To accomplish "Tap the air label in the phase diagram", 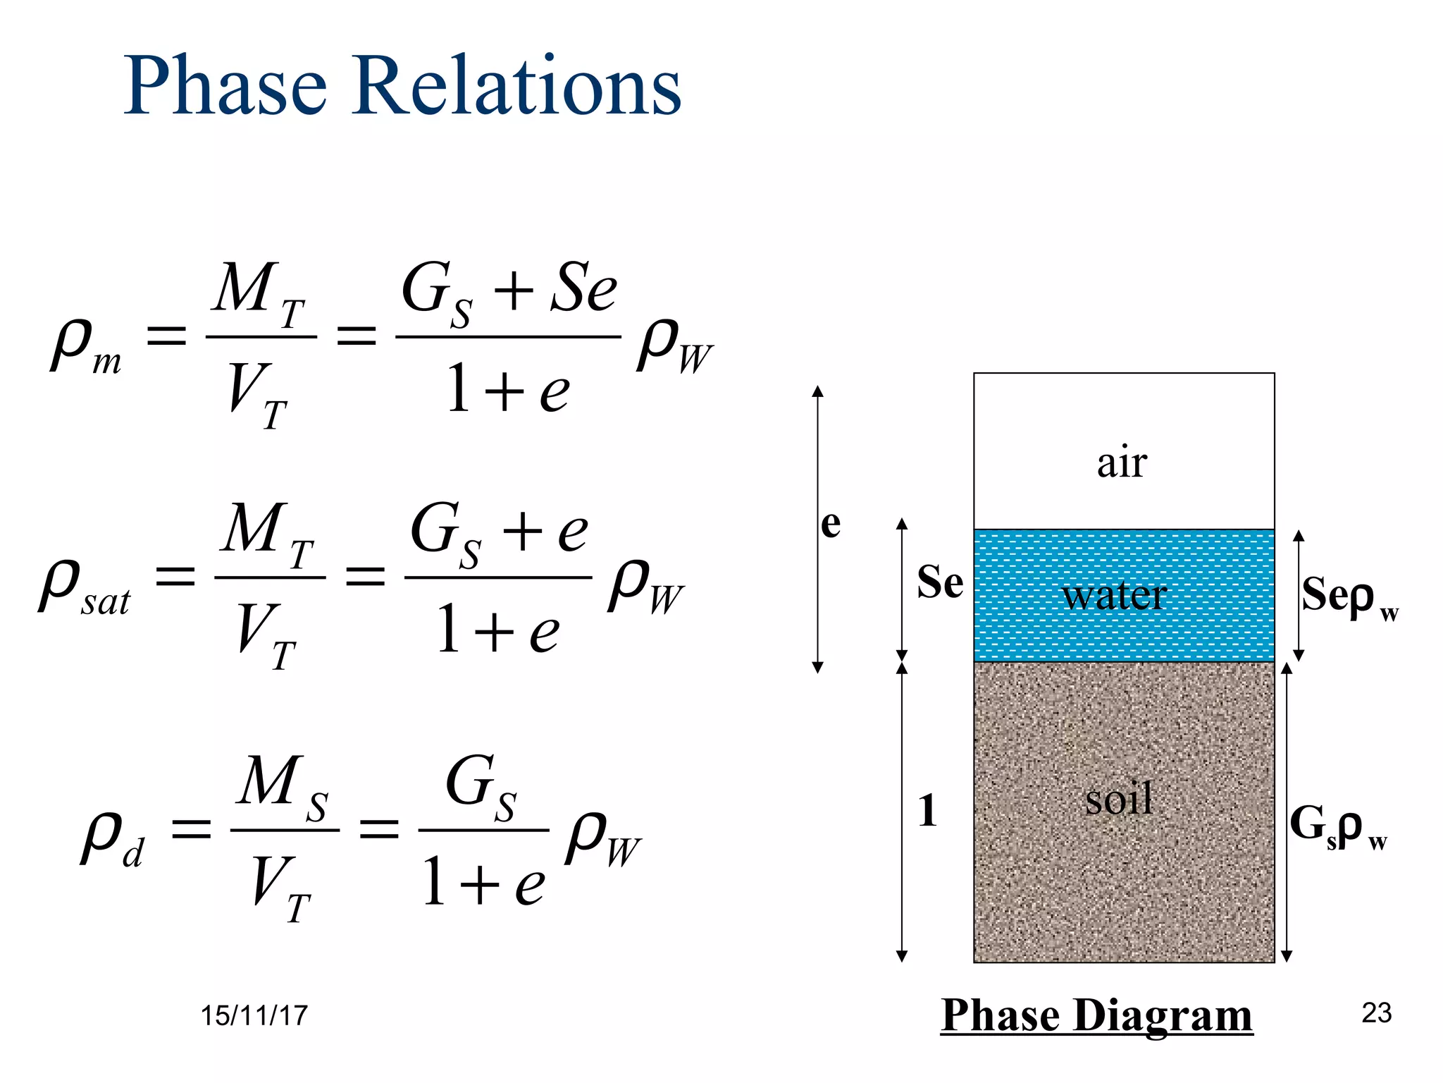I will pos(1122,463).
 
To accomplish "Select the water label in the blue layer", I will pos(1115,595).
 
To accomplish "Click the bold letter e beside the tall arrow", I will pos(831,524).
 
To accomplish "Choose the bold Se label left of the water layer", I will pos(939,582).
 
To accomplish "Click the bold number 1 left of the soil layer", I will pos(928,810).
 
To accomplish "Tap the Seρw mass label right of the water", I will pos(1347,596).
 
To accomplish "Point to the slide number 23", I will pos(1376,1013).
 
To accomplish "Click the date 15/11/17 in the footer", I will pos(254,1016).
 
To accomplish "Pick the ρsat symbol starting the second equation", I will pos(83,587).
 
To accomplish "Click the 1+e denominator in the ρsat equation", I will pos(497,630).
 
